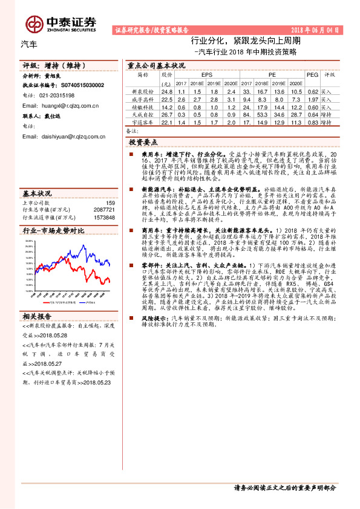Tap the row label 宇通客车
(143, 122)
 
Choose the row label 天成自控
(143, 114)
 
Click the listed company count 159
(110, 203)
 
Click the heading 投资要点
(143, 141)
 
